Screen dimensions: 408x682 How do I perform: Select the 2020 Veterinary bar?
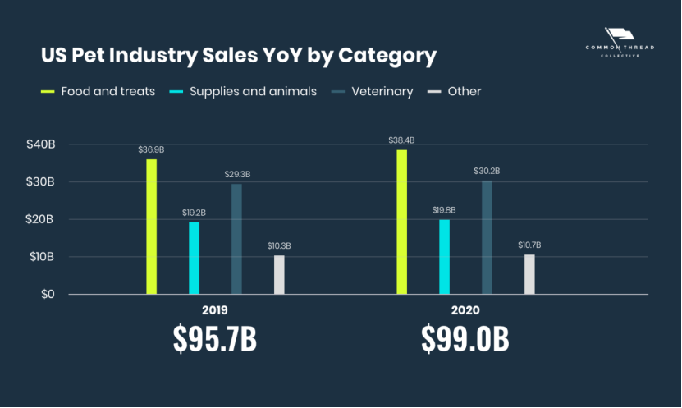pos(487,237)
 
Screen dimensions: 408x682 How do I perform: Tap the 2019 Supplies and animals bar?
pos(194,258)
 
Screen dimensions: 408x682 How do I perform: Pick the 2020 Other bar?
pos(529,274)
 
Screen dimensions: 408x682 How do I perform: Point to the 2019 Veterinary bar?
pos(236,239)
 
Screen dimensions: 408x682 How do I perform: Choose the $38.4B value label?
pos(401,140)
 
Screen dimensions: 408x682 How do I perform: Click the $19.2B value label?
pos(194,213)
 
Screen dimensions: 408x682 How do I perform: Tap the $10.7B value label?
pos(529,245)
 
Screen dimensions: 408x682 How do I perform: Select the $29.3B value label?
pos(237,174)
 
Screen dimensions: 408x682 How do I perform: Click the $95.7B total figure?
pos(215,339)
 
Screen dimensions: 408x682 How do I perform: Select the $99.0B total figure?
pos(465,339)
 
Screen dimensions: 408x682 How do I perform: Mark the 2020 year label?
pos(465,311)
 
